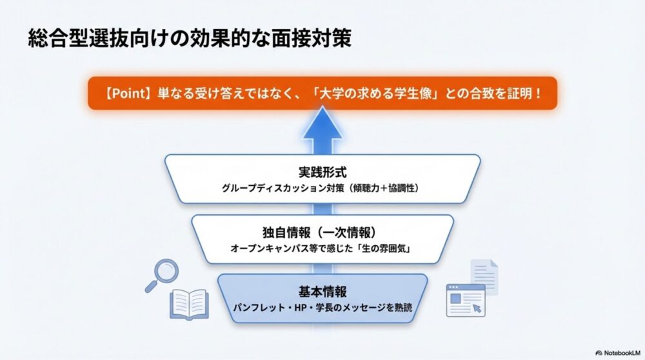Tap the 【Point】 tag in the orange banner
[x=127, y=92]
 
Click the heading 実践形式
[x=322, y=173]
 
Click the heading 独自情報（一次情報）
[x=322, y=232]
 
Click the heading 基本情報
[x=322, y=291]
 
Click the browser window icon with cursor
[x=466, y=301]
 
